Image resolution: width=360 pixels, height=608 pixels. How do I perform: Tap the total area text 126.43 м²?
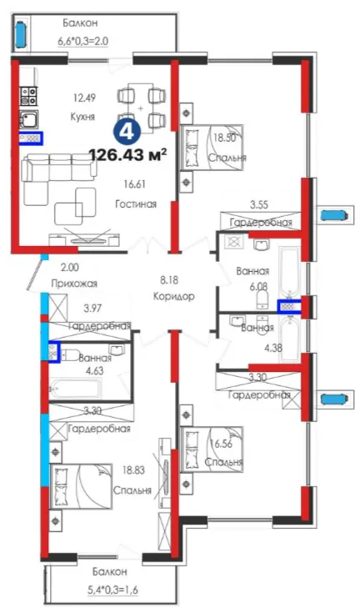[128, 154]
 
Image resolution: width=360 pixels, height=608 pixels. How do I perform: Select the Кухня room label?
[82, 116]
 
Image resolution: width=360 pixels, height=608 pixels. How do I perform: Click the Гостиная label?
[136, 204]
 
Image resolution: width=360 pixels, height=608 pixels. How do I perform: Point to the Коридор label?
[173, 297]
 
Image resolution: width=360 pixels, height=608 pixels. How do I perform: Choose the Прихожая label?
[74, 284]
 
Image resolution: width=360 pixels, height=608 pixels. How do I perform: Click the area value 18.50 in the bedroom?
[225, 138]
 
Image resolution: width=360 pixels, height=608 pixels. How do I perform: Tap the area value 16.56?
[222, 444]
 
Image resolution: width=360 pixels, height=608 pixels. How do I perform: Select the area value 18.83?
[133, 470]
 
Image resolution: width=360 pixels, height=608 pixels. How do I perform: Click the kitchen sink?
[29, 119]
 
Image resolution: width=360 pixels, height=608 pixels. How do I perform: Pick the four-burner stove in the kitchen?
[29, 96]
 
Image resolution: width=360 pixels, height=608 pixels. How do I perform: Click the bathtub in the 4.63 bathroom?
[76, 389]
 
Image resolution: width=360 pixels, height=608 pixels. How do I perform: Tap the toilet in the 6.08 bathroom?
[262, 299]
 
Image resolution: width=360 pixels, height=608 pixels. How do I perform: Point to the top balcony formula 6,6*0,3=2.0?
[83, 40]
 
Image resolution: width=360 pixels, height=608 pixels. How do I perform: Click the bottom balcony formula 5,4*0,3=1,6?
[112, 590]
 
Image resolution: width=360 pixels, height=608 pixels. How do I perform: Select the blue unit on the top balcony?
[20, 34]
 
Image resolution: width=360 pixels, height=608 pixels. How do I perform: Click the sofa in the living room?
[58, 171]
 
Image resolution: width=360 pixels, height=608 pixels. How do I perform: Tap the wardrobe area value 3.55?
[259, 204]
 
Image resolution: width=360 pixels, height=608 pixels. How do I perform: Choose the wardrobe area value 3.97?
[93, 309]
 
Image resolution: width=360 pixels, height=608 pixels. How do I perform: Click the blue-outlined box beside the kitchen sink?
[31, 138]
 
